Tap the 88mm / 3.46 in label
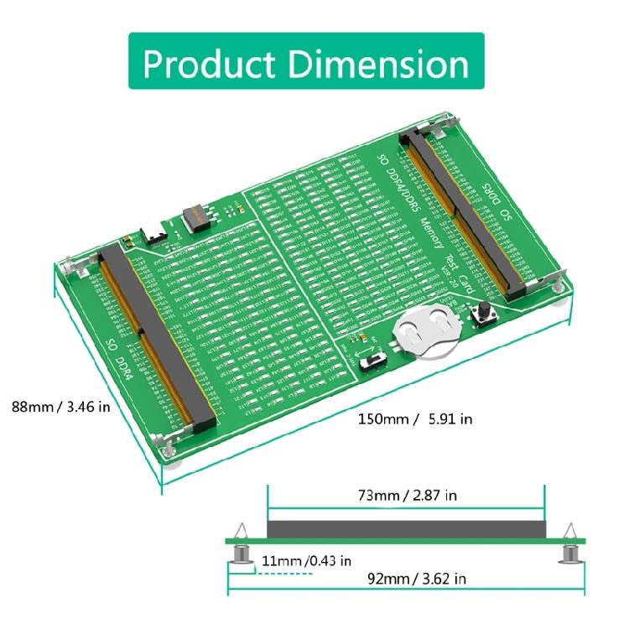coord(60,407)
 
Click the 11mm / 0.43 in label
coord(305,560)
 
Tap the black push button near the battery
coord(484,316)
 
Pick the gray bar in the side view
coord(407,528)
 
